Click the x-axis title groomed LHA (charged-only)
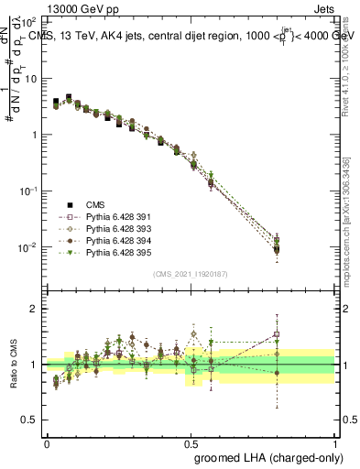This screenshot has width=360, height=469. [x=265, y=456]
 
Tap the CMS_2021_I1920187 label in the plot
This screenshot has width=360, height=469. [x=191, y=273]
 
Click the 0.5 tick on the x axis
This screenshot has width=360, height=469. [x=191, y=442]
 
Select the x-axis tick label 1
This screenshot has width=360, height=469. [x=335, y=442]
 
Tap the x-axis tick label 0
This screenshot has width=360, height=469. [x=47, y=442]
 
